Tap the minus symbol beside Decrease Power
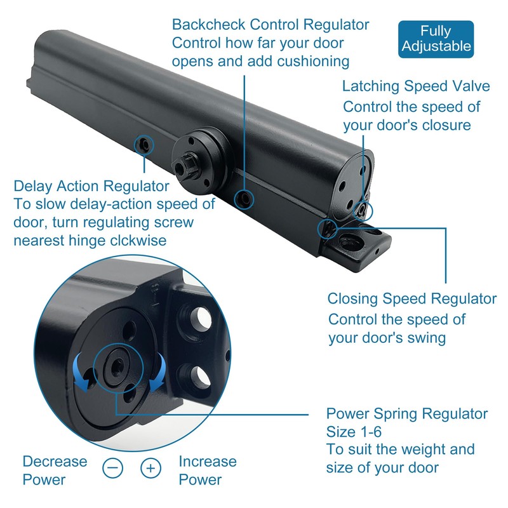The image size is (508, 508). click(112, 469)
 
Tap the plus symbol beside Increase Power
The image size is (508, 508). click(150, 469)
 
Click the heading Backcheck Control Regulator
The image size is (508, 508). click(271, 25)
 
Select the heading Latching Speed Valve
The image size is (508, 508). click(416, 86)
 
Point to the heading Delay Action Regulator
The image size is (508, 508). click(91, 187)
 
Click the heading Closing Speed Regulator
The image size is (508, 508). click(412, 298)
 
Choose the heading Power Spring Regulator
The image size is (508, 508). click(407, 414)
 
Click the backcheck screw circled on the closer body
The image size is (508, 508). click(244, 199)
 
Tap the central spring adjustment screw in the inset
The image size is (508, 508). click(117, 366)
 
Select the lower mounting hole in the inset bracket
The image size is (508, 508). click(199, 377)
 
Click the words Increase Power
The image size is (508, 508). click(207, 470)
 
